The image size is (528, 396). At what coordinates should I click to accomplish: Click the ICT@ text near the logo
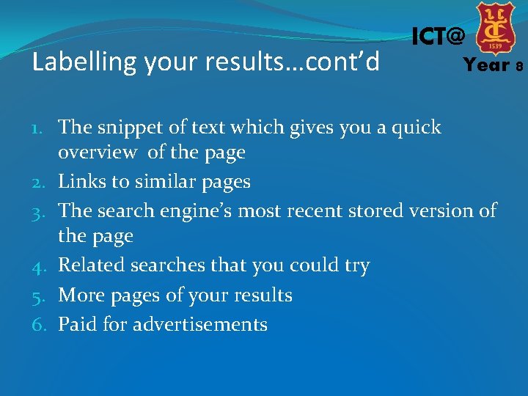(438, 36)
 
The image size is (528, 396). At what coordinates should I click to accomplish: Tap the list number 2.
(43, 183)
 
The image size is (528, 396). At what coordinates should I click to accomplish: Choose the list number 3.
(43, 212)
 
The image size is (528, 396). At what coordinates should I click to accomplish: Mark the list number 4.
(43, 266)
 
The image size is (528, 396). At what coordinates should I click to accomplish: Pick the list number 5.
(43, 296)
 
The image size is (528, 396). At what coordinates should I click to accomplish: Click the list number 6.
(43, 325)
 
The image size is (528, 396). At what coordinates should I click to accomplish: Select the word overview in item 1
(98, 153)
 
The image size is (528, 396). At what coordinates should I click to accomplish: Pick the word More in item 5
(79, 296)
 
